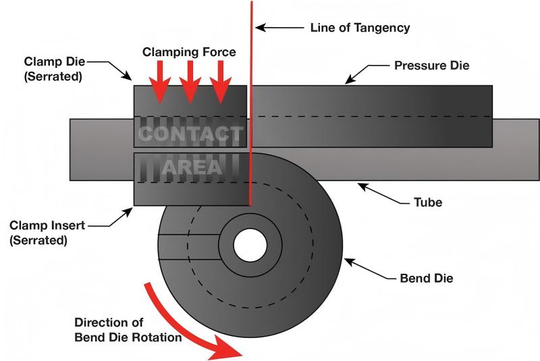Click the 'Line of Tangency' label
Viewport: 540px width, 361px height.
360,28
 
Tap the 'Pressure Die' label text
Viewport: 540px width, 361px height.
431,66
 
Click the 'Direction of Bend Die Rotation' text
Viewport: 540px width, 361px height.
128,330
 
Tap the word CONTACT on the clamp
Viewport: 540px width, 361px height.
190,135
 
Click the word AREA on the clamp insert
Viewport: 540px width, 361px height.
192,167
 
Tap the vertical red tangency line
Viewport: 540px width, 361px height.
251,101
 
